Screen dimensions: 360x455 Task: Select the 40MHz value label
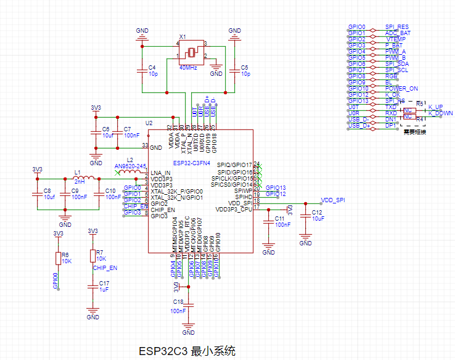[x=188, y=67]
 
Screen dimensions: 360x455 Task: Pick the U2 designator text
[x=149, y=123]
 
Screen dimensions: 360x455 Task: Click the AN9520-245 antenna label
[x=130, y=166]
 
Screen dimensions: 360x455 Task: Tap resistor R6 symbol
[x=58, y=258]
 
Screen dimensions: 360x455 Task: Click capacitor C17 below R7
[x=93, y=285]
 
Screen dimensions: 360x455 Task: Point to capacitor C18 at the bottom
[x=190, y=305]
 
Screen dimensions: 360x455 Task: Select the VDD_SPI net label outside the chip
[x=333, y=201]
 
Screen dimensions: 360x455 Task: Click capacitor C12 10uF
[x=305, y=216]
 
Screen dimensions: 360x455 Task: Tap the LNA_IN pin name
[x=160, y=173]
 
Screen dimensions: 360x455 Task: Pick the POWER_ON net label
[x=401, y=88]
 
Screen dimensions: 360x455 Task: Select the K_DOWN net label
[x=440, y=113]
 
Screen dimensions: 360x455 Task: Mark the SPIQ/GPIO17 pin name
[x=232, y=165]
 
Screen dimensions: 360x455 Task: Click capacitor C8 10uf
[x=38, y=194]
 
